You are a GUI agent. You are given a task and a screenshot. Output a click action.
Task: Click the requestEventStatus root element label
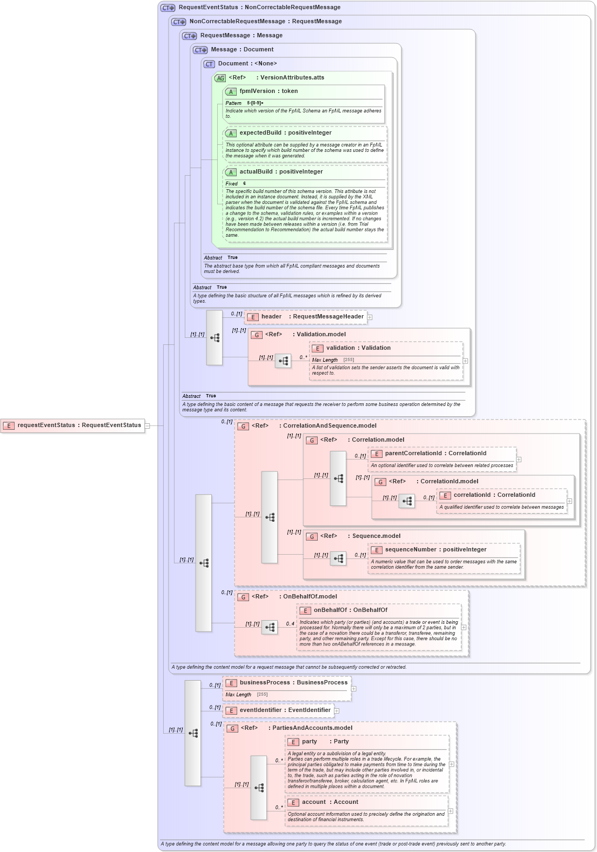pyautogui.click(x=79, y=425)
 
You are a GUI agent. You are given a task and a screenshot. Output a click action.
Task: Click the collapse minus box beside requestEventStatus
pyautogui.click(x=147, y=426)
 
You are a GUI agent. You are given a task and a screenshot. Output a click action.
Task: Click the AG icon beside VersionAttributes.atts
pyautogui.click(x=220, y=78)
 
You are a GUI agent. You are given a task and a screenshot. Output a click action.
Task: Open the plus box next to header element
pyautogui.click(x=370, y=317)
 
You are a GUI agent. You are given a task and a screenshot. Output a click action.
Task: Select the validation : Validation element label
pyautogui.click(x=358, y=348)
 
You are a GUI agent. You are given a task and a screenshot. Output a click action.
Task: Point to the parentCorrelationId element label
pyautogui.click(x=435, y=454)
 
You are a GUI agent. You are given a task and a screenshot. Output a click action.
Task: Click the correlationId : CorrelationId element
pyautogui.click(x=494, y=495)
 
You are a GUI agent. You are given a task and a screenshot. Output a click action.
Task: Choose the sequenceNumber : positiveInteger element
pyautogui.click(x=435, y=550)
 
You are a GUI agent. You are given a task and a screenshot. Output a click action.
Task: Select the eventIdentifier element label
pyautogui.click(x=285, y=710)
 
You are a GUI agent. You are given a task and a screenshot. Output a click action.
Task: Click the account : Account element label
pyautogui.click(x=330, y=802)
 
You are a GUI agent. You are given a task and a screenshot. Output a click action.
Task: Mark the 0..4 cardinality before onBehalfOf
pyautogui.click(x=290, y=624)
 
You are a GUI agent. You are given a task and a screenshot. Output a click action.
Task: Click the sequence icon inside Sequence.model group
pyautogui.click(x=338, y=558)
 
